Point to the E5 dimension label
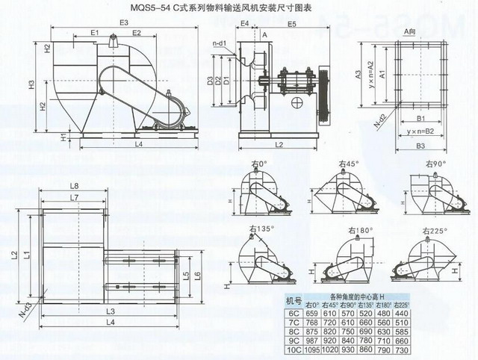[x=291, y=25]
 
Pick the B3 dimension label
[x=420, y=145]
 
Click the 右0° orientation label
[x=261, y=164]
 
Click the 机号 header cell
[x=294, y=300]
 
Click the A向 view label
[x=409, y=32]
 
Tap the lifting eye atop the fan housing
[x=111, y=46]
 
